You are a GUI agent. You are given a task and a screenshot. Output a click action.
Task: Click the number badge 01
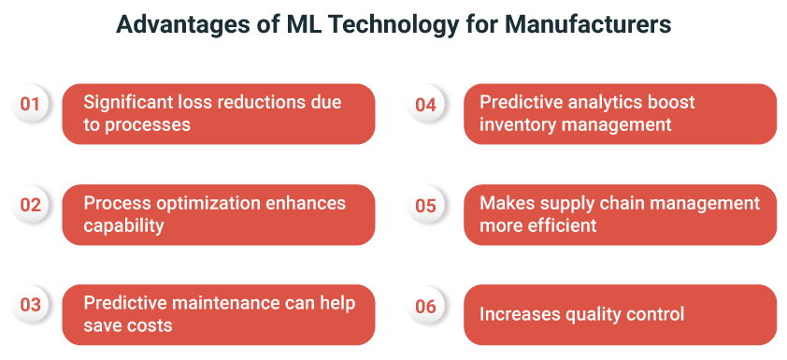(30, 104)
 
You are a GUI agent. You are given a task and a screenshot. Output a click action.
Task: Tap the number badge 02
(30, 205)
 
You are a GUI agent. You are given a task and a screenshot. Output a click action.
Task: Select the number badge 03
(30, 305)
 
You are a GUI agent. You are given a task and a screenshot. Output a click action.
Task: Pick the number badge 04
(425, 104)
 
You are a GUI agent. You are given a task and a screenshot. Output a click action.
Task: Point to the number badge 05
(425, 205)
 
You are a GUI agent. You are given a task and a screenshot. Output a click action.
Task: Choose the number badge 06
(425, 305)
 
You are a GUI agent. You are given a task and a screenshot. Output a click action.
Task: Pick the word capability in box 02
(122, 225)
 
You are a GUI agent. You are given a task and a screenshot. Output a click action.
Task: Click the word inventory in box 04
(517, 124)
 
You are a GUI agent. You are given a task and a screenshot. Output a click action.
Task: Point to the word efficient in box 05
(564, 225)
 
